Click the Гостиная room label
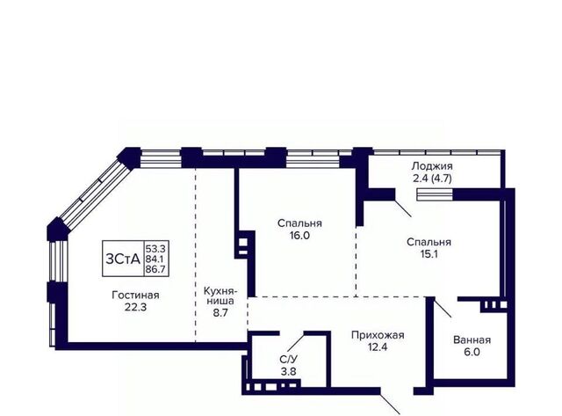tap(135, 295)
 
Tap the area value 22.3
tap(135, 307)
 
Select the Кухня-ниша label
tap(219, 296)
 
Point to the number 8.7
tap(220, 312)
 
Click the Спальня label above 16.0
tap(299, 223)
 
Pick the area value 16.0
tap(299, 236)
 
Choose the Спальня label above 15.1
tap(429, 242)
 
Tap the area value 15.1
tap(429, 254)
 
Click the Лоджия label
tap(432, 166)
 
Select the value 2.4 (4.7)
tap(432, 179)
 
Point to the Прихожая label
tap(378, 335)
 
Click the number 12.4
tap(378, 347)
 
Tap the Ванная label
tap(472, 339)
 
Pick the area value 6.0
tap(472, 352)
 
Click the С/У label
tap(289, 360)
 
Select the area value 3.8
tap(289, 371)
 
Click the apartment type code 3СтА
tap(123, 259)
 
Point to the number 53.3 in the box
tap(156, 248)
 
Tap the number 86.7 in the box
tap(156, 269)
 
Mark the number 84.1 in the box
tap(156, 259)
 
